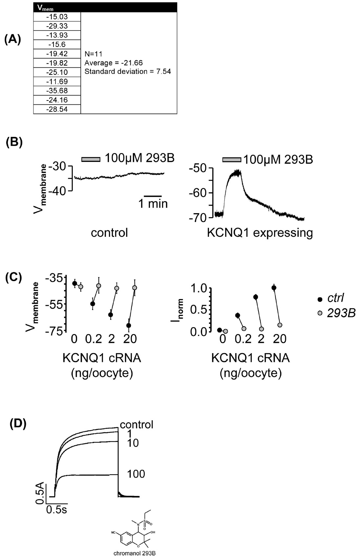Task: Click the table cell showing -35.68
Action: click(x=57, y=91)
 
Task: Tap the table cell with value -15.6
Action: click(x=57, y=44)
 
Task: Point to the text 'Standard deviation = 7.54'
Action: click(x=128, y=72)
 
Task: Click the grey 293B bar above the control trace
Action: click(x=91, y=159)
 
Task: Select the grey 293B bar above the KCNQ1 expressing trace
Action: click(x=232, y=160)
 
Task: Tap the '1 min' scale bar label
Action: click(x=153, y=204)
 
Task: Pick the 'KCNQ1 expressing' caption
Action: click(x=260, y=233)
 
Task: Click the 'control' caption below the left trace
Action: click(x=109, y=233)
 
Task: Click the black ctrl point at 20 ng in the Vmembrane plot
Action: click(x=129, y=325)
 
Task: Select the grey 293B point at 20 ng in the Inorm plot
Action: click(x=280, y=325)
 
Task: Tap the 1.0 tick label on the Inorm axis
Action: click(x=199, y=288)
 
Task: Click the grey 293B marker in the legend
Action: click(x=320, y=313)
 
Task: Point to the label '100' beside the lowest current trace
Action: click(x=136, y=474)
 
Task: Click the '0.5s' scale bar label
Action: click(x=56, y=510)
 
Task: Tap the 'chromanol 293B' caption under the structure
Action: click(x=135, y=553)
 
